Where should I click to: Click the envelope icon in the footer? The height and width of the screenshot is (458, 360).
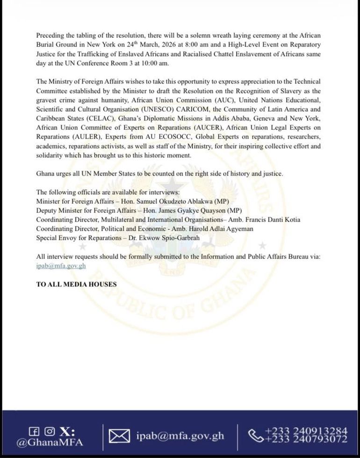tap(119, 436)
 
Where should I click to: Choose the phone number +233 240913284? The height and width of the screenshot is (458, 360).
tap(306, 430)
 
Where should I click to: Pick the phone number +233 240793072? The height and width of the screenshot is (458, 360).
tap(306, 439)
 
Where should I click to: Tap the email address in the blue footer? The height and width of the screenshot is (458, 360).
tap(180, 436)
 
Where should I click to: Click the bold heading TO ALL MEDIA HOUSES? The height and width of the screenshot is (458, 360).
tap(76, 284)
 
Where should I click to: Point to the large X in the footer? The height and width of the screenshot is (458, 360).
tap(68, 430)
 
